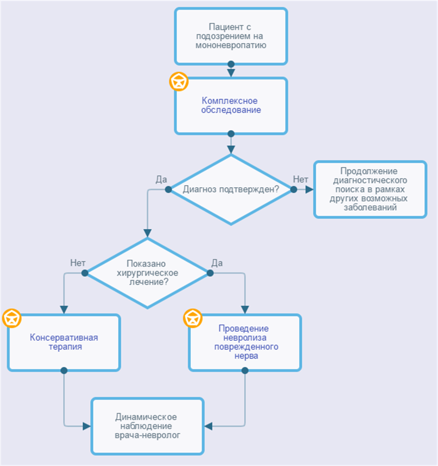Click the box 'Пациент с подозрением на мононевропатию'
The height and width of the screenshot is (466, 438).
click(x=231, y=36)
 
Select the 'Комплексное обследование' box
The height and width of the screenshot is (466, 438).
click(x=231, y=106)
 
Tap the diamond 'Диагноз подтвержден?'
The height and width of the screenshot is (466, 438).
click(x=231, y=189)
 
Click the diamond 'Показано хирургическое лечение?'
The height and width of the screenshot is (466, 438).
click(x=147, y=273)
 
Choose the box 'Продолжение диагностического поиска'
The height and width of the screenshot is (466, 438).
click(x=370, y=189)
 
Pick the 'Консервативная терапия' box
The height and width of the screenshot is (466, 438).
click(x=64, y=342)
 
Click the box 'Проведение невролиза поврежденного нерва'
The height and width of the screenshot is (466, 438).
click(x=245, y=342)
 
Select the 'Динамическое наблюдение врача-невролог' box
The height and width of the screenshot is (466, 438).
click(x=147, y=426)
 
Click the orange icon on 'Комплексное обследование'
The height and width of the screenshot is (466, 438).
click(x=179, y=81)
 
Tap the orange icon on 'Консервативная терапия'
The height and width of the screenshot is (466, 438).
click(x=12, y=318)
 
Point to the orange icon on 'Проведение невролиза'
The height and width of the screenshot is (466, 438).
click(x=193, y=318)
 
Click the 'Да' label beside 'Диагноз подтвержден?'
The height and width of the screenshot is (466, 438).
click(x=161, y=179)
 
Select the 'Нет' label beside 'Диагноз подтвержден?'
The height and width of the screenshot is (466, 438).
click(x=300, y=179)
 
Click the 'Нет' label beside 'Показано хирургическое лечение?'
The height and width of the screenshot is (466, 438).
click(x=78, y=262)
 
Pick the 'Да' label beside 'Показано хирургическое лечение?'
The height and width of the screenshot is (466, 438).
click(x=217, y=262)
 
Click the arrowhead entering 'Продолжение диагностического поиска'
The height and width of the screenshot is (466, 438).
click(x=310, y=189)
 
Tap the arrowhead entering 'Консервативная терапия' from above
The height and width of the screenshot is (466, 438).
click(x=64, y=310)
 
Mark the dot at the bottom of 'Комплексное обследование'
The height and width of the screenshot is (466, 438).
click(x=231, y=134)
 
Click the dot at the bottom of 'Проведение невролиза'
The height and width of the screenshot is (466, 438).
click(x=245, y=371)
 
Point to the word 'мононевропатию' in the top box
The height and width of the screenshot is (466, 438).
click(x=231, y=45)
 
